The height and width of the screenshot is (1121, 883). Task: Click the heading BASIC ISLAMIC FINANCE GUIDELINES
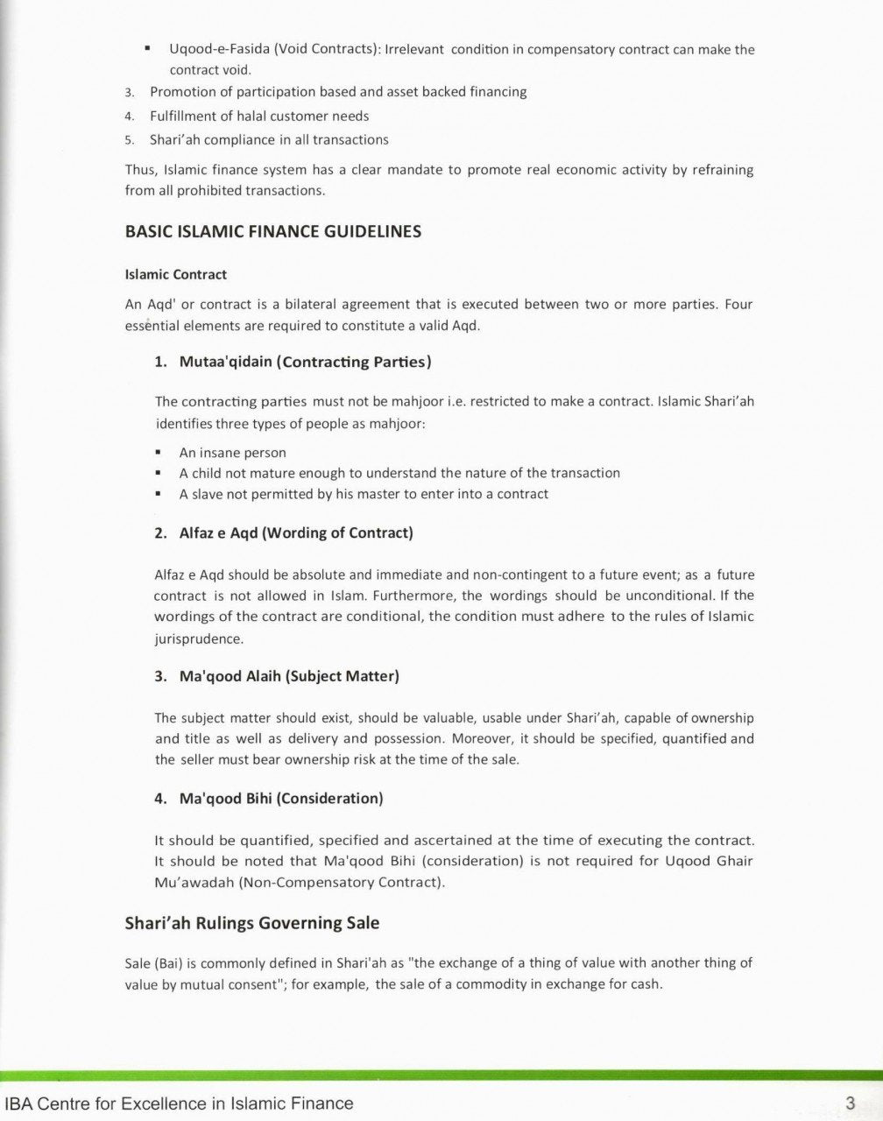(x=273, y=232)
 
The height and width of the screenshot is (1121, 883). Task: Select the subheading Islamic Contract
(x=176, y=274)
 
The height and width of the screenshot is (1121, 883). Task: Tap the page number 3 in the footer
(x=850, y=1103)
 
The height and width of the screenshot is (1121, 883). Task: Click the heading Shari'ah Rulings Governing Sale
(x=252, y=923)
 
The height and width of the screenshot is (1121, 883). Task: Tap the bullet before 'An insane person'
(x=159, y=453)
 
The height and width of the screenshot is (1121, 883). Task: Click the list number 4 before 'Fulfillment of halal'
(x=129, y=116)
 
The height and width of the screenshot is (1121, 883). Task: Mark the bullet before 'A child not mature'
(x=159, y=473)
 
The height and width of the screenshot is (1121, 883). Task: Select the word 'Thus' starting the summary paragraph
(x=140, y=170)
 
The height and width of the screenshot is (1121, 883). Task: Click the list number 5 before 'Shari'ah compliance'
(x=129, y=140)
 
